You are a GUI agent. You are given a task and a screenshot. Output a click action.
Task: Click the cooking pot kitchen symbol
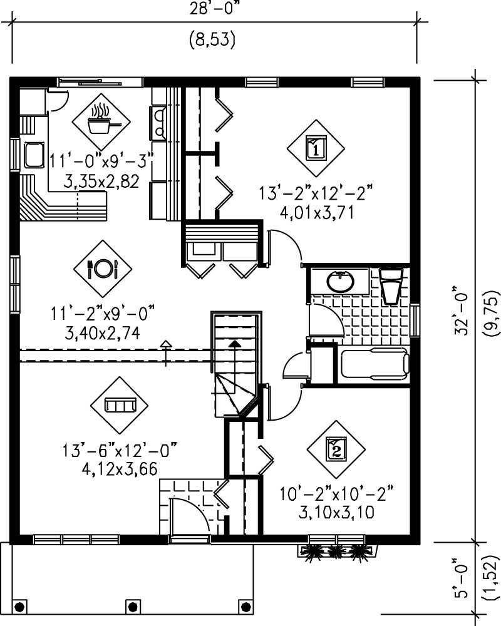[x=100, y=122]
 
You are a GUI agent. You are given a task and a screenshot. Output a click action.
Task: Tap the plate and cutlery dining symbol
[x=102, y=269]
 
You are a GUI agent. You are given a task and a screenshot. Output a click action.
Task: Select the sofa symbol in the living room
[x=120, y=406]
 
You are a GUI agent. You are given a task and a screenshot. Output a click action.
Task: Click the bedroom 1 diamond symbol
[x=316, y=149]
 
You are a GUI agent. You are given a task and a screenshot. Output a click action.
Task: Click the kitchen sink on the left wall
[x=33, y=155]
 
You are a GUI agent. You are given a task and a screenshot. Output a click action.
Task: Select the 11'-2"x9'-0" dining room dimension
[x=103, y=310]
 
